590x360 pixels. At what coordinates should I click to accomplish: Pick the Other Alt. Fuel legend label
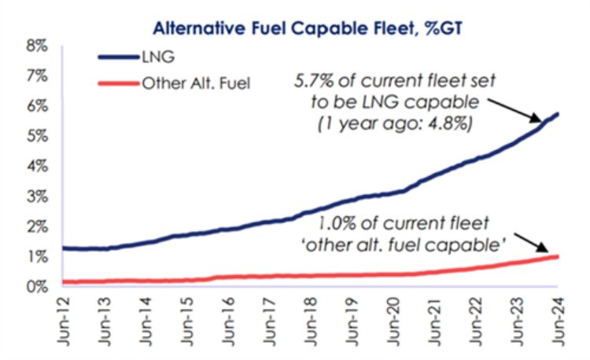point(197,82)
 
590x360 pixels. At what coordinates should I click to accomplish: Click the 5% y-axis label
point(35,136)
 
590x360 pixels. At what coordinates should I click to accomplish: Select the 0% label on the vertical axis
point(35,287)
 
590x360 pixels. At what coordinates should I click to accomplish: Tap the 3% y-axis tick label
point(35,197)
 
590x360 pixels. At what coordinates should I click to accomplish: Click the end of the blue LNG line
point(558,114)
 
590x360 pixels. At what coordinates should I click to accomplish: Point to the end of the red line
point(558,256)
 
